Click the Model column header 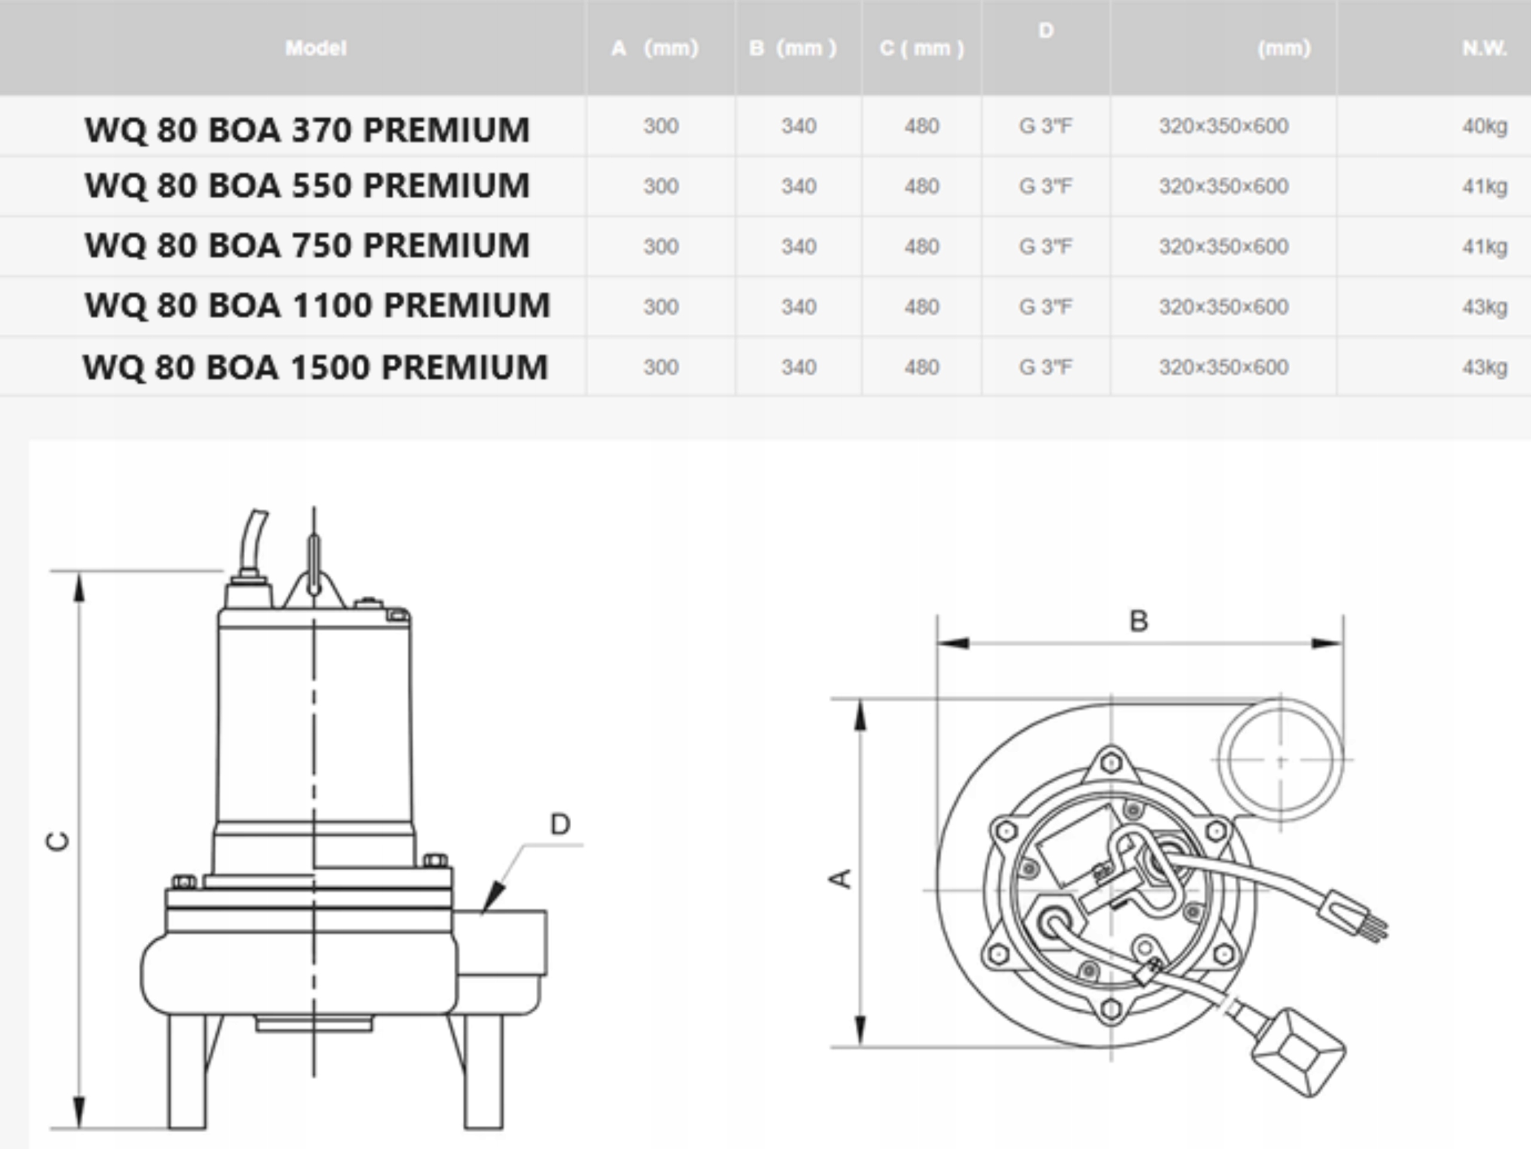(x=316, y=48)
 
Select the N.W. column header (x=1484, y=48)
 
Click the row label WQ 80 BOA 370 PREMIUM (x=307, y=129)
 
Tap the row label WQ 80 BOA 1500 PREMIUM (x=315, y=367)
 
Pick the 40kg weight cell (x=1484, y=126)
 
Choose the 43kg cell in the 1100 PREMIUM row (x=1484, y=307)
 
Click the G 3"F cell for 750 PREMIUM (x=1045, y=246)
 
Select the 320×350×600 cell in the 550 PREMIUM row (x=1223, y=186)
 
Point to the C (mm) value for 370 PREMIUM (x=921, y=126)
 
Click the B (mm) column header (x=792, y=48)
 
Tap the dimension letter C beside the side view (x=58, y=840)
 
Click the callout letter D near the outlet (x=560, y=824)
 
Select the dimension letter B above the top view (x=1139, y=621)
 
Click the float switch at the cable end (x=1298, y=1052)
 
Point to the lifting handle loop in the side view (x=313, y=564)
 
